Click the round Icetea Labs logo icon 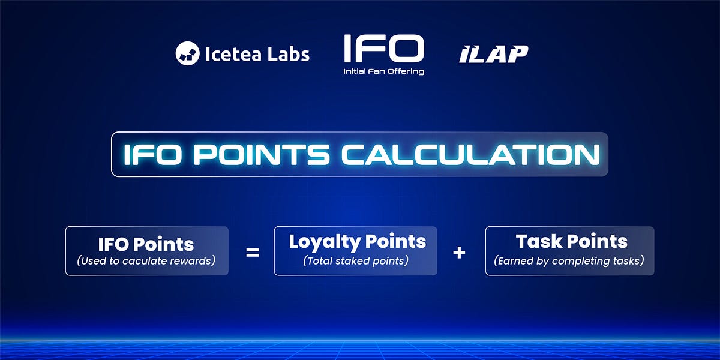[187, 53]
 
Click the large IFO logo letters [384, 49]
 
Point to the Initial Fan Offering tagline [384, 71]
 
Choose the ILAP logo [494, 54]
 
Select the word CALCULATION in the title [471, 155]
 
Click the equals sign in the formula [253, 253]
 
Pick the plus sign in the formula [459, 253]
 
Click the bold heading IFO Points [146, 244]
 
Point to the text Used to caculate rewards [146, 261]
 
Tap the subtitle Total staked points [356, 260]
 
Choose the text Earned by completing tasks [569, 260]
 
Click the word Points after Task [598, 241]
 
